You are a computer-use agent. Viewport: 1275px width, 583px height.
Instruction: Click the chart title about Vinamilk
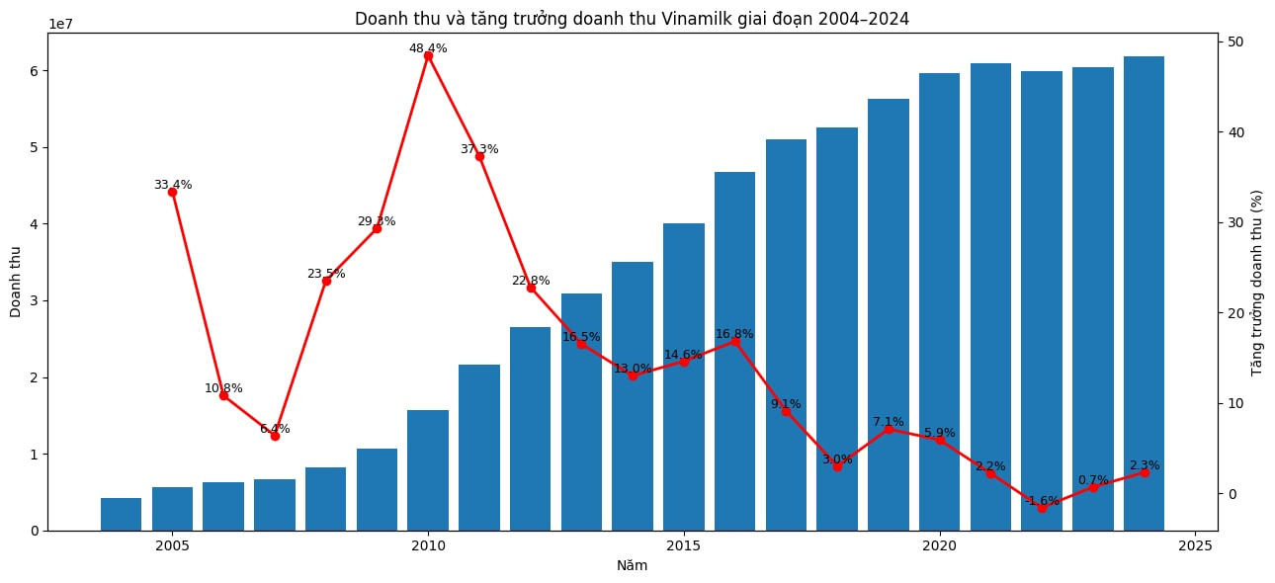tap(632, 19)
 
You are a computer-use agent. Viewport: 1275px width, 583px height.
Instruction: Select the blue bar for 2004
tap(122, 514)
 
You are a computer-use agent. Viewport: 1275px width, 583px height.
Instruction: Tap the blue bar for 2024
tap(1145, 293)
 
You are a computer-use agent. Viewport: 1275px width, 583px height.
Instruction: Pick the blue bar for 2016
tap(734, 351)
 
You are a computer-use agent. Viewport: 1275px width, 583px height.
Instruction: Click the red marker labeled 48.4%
tap(429, 55)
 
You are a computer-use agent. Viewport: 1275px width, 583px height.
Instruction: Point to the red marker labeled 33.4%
tap(172, 193)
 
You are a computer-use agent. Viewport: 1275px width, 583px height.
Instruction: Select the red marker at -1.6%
tap(1042, 509)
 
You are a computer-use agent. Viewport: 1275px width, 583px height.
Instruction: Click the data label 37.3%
tap(479, 149)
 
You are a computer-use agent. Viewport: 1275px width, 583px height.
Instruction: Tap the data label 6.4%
tap(275, 429)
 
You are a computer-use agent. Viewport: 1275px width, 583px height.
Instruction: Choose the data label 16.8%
tap(734, 334)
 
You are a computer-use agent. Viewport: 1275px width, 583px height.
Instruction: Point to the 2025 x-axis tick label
tap(1195, 546)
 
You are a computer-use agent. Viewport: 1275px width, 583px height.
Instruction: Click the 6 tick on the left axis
tap(35, 71)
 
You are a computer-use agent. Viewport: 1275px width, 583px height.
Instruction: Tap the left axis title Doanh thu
tap(16, 283)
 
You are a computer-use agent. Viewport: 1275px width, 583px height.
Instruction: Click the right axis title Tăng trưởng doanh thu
tap(1257, 283)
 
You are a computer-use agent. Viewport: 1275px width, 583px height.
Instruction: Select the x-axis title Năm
tap(632, 565)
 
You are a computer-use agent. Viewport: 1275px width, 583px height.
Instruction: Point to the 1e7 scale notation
tap(60, 24)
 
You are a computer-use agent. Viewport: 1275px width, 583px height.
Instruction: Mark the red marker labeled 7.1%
tap(889, 429)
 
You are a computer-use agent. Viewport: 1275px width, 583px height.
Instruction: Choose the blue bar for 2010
tap(428, 470)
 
